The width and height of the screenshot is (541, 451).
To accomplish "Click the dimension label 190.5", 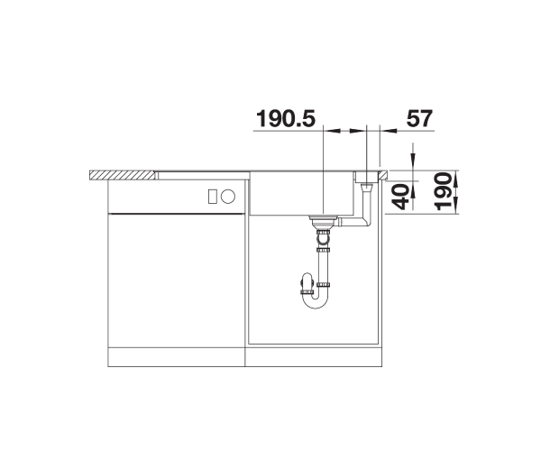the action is [286, 118].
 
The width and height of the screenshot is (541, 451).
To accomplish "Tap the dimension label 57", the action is [419, 118].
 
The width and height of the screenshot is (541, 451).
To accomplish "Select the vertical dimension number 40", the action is [400, 197].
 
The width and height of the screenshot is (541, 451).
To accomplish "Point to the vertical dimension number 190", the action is [443, 192].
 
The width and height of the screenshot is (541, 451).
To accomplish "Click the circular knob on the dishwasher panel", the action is [228, 197].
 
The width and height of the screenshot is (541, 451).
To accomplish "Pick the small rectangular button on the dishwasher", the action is [212, 197].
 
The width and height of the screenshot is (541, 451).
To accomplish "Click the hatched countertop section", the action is [122, 175].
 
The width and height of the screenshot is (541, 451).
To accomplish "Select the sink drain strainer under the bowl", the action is [323, 221].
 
